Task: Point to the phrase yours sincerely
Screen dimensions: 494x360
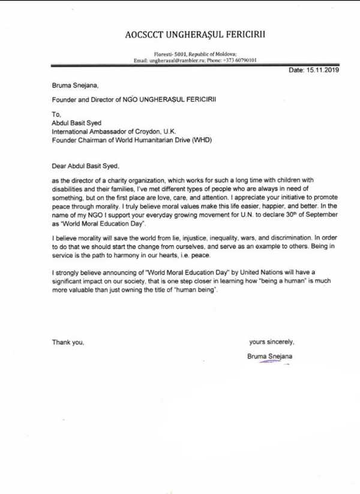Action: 272,342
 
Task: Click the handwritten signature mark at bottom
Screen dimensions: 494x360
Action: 268,363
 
